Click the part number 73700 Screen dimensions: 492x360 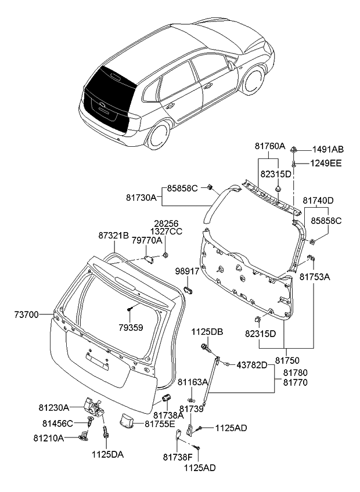click(26, 315)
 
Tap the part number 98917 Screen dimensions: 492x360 click(188, 271)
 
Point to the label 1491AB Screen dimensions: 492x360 click(329, 149)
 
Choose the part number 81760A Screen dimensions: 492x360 click(270, 146)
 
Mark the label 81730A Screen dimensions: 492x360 click(142, 198)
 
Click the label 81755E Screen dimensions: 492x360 click(160, 424)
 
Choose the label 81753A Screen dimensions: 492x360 click(315, 277)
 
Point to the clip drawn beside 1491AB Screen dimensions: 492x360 click(295, 150)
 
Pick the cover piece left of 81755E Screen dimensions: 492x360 click(128, 420)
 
